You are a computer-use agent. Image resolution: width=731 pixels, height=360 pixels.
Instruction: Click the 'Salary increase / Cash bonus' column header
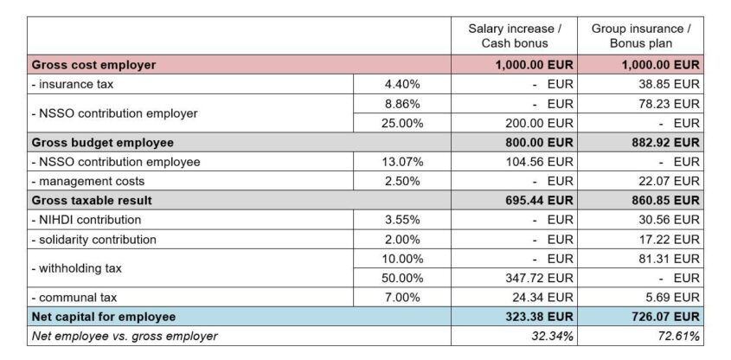[515, 35]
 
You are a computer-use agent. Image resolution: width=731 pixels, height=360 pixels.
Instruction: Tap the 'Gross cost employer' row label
[93, 65]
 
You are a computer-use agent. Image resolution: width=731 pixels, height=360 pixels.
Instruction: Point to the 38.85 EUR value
[668, 85]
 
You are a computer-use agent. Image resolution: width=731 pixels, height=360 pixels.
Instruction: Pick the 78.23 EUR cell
[668, 104]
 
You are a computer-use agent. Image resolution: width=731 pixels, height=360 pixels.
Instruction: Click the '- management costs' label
[87, 181]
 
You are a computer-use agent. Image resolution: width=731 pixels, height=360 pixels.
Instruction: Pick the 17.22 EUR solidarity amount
[668, 239]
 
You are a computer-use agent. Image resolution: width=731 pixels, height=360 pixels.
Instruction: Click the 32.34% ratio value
[550, 336]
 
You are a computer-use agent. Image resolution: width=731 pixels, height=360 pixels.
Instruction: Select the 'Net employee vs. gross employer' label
[125, 336]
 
